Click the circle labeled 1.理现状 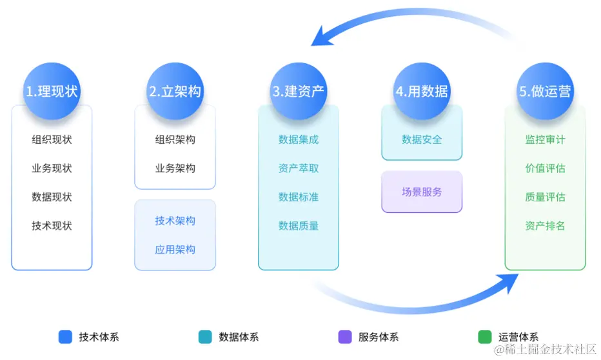[x=52, y=91]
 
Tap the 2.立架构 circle [x=175, y=91]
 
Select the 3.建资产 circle [x=299, y=91]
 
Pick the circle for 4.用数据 [x=422, y=91]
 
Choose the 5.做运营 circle [x=545, y=91]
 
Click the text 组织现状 [x=52, y=139]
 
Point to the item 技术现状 [x=52, y=226]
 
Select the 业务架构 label [x=175, y=168]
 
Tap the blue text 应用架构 [x=175, y=250]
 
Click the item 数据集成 [x=299, y=139]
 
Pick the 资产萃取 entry [x=299, y=168]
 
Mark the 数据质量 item [x=299, y=226]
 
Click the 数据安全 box [x=422, y=139]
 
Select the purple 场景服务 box [x=422, y=192]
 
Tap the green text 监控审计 [x=545, y=139]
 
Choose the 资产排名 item [x=545, y=226]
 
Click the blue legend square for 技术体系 [x=65, y=337]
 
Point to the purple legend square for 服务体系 [x=344, y=337]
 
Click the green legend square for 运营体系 [x=484, y=337]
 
